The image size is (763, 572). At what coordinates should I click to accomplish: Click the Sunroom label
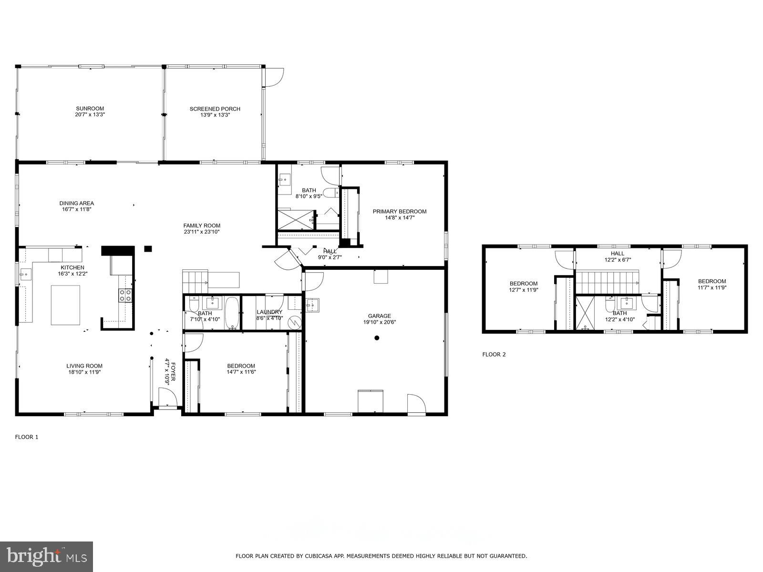click(x=90, y=109)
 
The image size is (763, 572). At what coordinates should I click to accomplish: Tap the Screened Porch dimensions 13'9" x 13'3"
click(x=215, y=115)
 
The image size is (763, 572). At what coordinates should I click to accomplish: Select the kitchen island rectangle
click(x=66, y=305)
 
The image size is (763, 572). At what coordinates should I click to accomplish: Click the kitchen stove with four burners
click(x=125, y=296)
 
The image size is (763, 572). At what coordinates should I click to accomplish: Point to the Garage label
click(x=379, y=316)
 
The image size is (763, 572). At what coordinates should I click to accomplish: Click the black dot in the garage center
click(x=377, y=338)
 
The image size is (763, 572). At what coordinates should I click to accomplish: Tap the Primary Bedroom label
click(x=399, y=211)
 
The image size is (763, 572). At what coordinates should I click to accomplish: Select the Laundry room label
click(x=269, y=312)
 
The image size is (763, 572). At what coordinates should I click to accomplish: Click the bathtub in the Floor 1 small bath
click(x=233, y=313)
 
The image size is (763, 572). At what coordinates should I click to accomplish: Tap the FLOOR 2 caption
click(x=494, y=354)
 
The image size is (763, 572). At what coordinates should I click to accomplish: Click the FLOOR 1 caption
click(x=27, y=437)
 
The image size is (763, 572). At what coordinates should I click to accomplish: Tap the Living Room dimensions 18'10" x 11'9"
click(x=84, y=372)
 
